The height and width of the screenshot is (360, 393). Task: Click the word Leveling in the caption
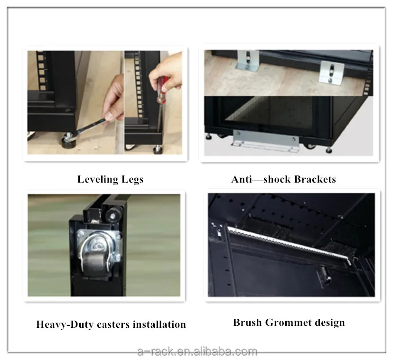click(98, 180)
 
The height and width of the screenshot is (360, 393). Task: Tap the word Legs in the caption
click(132, 180)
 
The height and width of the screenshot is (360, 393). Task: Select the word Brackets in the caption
click(315, 179)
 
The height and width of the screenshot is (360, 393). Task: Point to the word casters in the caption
click(113, 325)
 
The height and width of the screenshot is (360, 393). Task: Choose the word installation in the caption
click(159, 324)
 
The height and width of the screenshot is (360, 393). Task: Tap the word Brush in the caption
click(247, 323)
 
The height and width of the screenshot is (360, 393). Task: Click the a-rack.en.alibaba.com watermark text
click(197, 351)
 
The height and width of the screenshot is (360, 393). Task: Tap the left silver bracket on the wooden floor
click(247, 60)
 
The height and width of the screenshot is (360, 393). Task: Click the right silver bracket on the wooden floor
click(331, 72)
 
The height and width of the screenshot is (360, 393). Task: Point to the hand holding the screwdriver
click(166, 72)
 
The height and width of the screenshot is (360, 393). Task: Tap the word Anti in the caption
click(242, 179)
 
